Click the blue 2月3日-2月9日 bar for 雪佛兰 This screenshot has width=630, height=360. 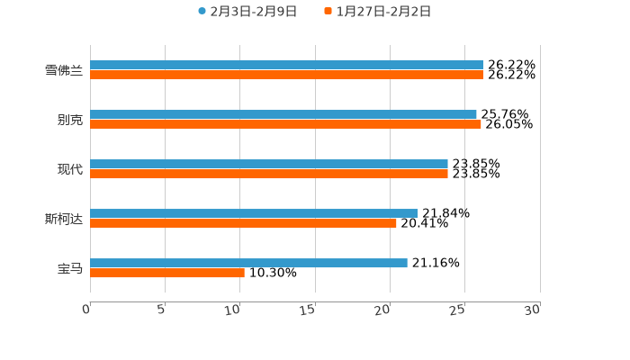coord(286,65)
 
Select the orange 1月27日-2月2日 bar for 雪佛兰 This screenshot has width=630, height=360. coord(286,75)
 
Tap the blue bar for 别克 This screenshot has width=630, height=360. coord(283,114)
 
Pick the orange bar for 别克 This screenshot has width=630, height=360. coord(285,124)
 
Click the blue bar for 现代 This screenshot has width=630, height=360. coord(269,164)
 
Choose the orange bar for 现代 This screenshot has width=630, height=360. coord(269,174)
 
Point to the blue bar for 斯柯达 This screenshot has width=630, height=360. coord(254,213)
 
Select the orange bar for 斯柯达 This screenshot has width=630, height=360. coord(243,223)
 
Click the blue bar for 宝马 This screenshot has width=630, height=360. coord(248,263)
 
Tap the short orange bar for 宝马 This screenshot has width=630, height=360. coord(167,273)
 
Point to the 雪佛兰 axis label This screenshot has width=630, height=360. coord(64,70)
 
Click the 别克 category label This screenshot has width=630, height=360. coord(70,120)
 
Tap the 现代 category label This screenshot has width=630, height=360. coord(70,169)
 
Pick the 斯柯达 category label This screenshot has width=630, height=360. coord(64,219)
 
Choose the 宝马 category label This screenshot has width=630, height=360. coord(70,268)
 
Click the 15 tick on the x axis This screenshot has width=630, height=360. coord(308,310)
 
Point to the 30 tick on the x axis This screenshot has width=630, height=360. coord(533,310)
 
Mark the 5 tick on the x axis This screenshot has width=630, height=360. coord(161,310)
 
